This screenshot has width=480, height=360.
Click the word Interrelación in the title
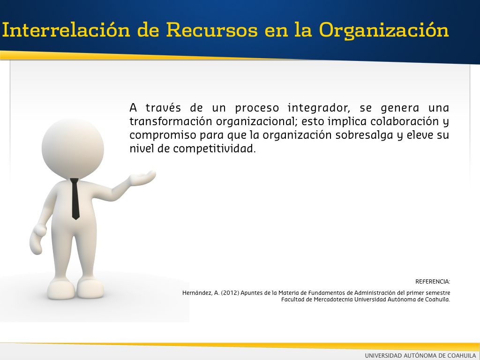(66, 30)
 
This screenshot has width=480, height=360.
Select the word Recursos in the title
(212, 30)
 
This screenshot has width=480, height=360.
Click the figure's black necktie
(75, 199)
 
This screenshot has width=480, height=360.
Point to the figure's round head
(73, 149)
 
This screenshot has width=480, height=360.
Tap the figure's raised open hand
(142, 178)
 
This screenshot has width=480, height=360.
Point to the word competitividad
(214, 149)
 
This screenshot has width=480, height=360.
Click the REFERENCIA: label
(433, 282)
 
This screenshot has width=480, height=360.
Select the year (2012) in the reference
(230, 293)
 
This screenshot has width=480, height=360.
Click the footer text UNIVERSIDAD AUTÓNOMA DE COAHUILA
(420, 355)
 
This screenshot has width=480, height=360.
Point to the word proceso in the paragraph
(257, 109)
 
